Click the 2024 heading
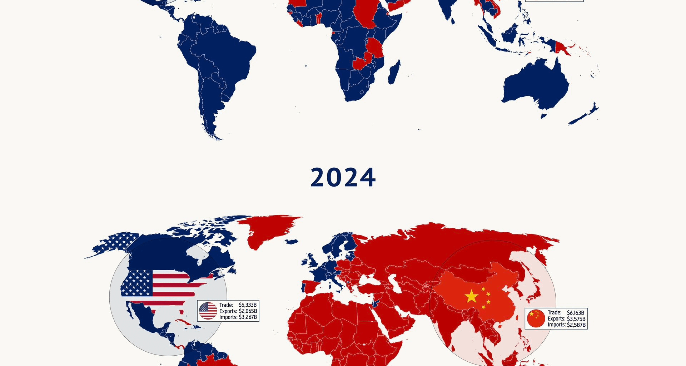click(x=343, y=178)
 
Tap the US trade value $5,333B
click(x=248, y=305)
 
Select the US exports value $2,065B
click(x=248, y=311)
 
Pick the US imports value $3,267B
click(x=248, y=317)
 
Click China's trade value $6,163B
click(x=576, y=313)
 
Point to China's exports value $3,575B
click(x=576, y=319)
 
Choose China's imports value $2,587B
click(x=576, y=325)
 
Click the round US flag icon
click(x=208, y=311)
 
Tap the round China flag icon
click(x=536, y=319)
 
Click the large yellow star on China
click(x=472, y=296)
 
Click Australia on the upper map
click(x=536, y=86)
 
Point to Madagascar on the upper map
click(x=394, y=73)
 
